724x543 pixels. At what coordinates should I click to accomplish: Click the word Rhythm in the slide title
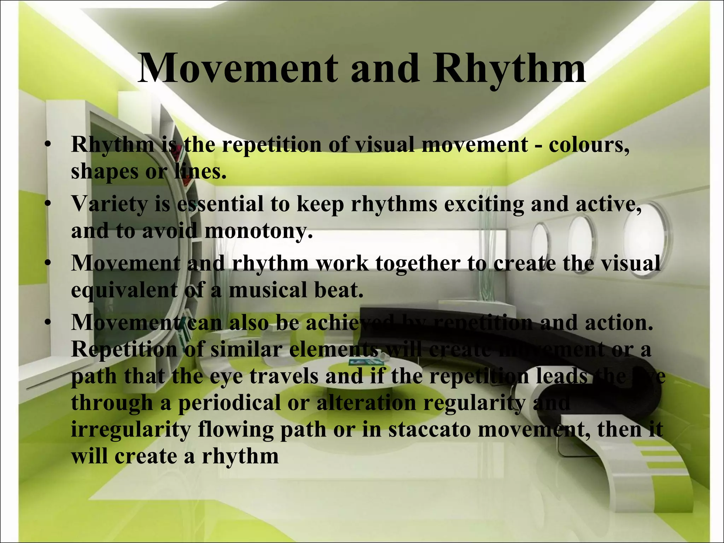[509, 69]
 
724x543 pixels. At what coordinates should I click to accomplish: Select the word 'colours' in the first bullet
[589, 145]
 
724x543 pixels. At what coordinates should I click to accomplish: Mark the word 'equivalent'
[124, 291]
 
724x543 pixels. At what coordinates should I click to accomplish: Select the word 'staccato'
[430, 430]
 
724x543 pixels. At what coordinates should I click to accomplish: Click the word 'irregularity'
[131, 430]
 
